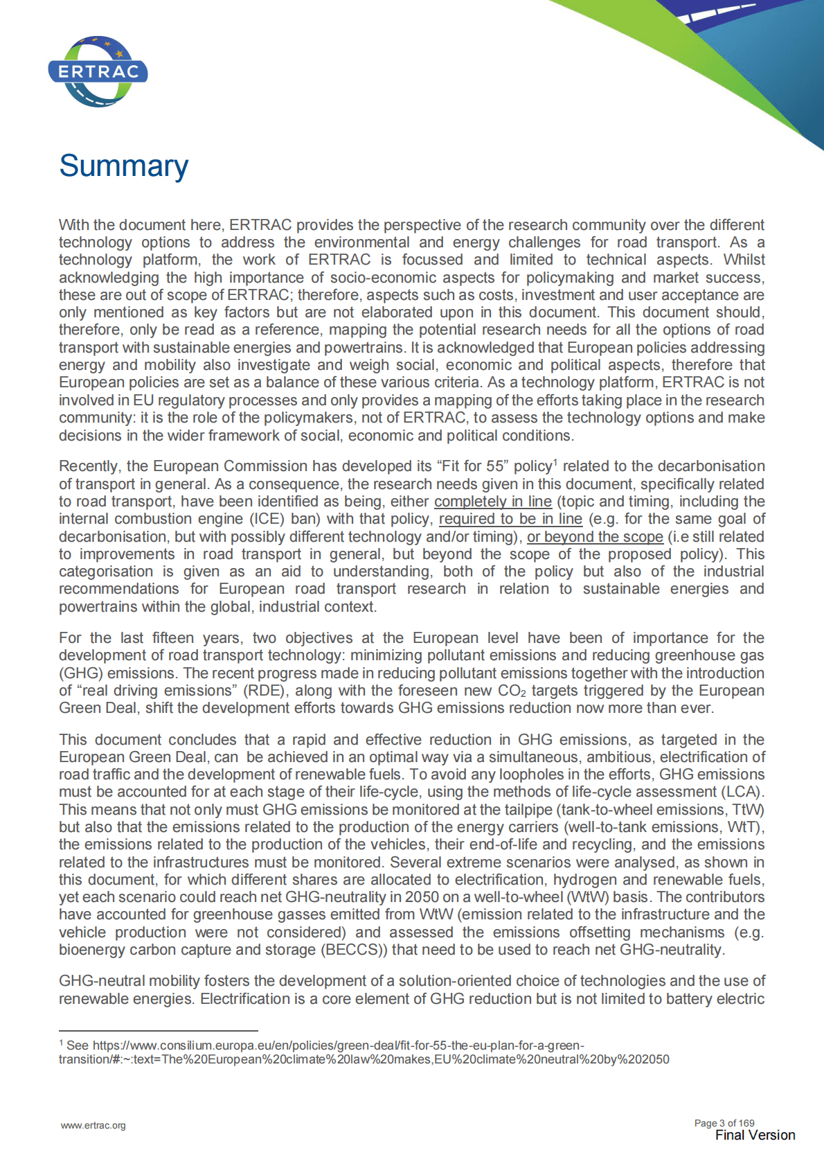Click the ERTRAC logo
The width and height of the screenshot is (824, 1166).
pyautogui.click(x=98, y=71)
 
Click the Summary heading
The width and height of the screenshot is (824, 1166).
pyautogui.click(x=123, y=166)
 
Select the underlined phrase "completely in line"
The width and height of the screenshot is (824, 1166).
pyautogui.click(x=492, y=502)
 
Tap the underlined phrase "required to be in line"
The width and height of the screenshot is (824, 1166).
pyautogui.click(x=510, y=519)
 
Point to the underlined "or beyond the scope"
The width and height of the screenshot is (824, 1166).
pyautogui.click(x=595, y=537)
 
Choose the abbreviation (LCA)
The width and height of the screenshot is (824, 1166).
pyautogui.click(x=742, y=792)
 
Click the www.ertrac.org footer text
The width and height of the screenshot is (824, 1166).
pyautogui.click(x=93, y=1125)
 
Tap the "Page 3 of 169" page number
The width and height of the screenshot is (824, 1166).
pyautogui.click(x=724, y=1123)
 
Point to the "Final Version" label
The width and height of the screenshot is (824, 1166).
pyautogui.click(x=755, y=1136)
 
